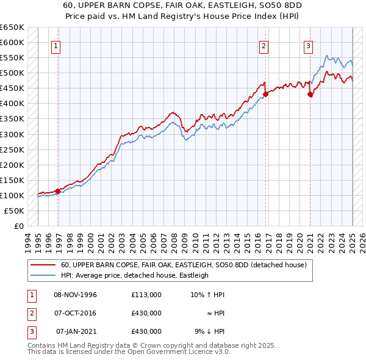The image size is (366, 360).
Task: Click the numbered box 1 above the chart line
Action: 56,45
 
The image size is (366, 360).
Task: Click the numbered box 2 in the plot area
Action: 264,45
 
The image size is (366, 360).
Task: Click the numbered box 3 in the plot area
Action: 308,45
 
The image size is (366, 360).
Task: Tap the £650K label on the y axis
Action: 12,27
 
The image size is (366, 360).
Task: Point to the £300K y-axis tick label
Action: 12,134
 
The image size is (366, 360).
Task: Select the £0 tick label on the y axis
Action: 20,226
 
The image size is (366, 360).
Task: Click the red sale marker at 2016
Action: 266,94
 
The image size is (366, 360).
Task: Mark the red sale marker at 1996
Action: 58,191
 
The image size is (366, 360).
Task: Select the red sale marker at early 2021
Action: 310,94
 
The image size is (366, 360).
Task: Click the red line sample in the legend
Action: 43,265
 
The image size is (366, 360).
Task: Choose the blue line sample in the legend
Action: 43,275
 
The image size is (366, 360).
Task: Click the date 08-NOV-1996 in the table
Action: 75,295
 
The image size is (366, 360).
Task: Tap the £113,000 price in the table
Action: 146,295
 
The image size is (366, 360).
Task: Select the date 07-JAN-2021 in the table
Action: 76,331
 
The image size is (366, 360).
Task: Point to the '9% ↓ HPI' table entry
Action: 209,331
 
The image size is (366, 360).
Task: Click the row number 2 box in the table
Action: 30,313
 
